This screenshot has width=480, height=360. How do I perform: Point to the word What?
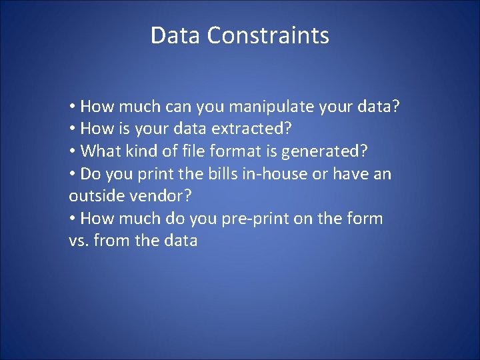pyautogui.click(x=100, y=151)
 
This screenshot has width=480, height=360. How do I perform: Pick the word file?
pyautogui.click(x=199, y=151)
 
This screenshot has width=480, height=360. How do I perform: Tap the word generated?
pyautogui.click(x=325, y=152)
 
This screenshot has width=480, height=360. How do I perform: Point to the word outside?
pyautogui.click(x=93, y=196)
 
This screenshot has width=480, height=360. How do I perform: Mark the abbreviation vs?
pyautogui.click(x=79, y=241)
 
